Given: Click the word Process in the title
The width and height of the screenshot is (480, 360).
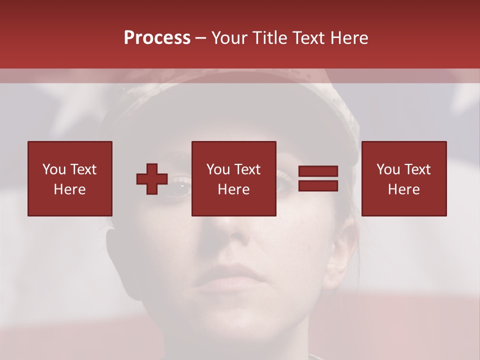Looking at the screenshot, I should point(157,38).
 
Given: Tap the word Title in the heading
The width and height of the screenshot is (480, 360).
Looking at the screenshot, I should point(270,38).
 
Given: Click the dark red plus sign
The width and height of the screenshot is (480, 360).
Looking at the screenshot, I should point(152,179).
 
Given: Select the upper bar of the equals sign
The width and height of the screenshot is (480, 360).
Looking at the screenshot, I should point(318,171).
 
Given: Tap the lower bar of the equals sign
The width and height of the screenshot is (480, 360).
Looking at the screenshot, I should point(318,186).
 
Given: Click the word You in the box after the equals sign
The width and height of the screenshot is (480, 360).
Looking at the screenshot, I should point(388,169).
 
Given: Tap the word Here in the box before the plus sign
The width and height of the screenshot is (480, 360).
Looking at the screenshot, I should point(69,189).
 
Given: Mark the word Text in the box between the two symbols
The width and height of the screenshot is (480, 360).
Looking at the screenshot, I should point(247,169).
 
